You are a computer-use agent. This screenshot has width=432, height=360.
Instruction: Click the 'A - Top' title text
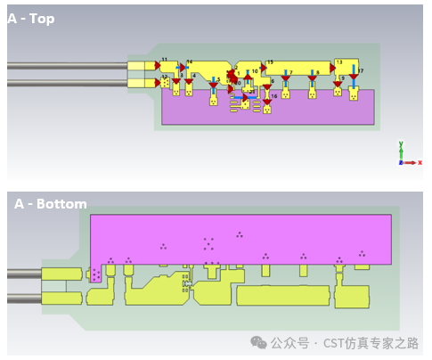pos(32,19)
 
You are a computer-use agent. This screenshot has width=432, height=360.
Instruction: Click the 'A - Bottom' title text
pos(51,204)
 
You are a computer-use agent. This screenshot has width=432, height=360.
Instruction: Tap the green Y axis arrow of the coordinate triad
pos(402,147)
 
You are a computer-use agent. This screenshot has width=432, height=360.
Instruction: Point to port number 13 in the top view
pos(339,61)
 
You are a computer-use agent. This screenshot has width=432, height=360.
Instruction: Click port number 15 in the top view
pos(270,63)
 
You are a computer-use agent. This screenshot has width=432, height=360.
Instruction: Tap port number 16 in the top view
pos(274,95)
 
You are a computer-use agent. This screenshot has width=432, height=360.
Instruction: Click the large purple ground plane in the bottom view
pos(240,236)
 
